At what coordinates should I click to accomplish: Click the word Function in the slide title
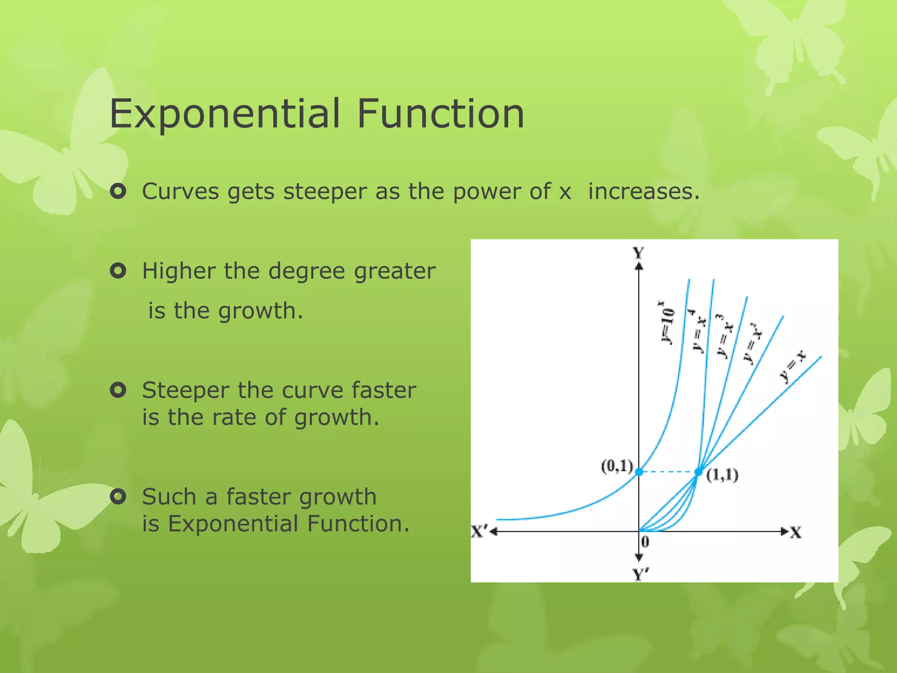[441, 114]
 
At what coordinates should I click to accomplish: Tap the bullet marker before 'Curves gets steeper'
[118, 191]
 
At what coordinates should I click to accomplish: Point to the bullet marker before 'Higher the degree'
[118, 271]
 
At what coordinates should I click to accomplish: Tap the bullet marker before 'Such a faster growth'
[118, 496]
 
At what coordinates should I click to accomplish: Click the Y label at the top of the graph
[638, 253]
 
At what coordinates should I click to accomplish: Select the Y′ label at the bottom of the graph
[640, 574]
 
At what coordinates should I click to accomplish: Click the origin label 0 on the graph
[645, 542]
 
